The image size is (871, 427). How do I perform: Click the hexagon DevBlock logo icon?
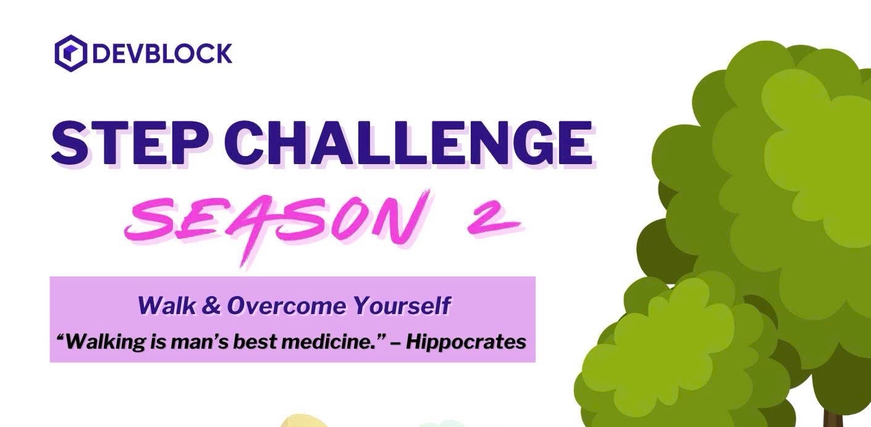click(x=70, y=53)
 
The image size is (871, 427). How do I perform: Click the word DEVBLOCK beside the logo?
click(x=162, y=54)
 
